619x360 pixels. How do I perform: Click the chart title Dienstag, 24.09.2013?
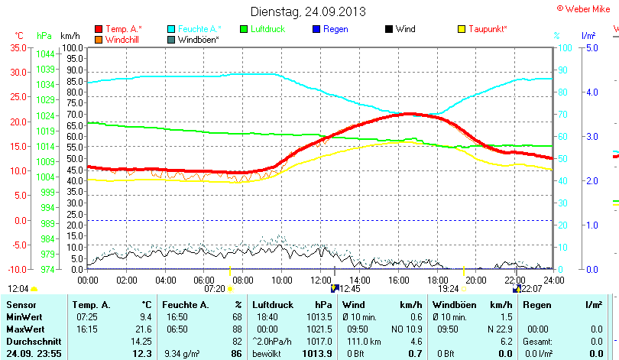(x=308, y=11)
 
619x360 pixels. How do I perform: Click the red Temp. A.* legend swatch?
(x=99, y=29)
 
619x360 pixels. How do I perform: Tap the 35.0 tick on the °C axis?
(x=18, y=47)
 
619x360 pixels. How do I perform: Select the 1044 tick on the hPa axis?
(x=45, y=54)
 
